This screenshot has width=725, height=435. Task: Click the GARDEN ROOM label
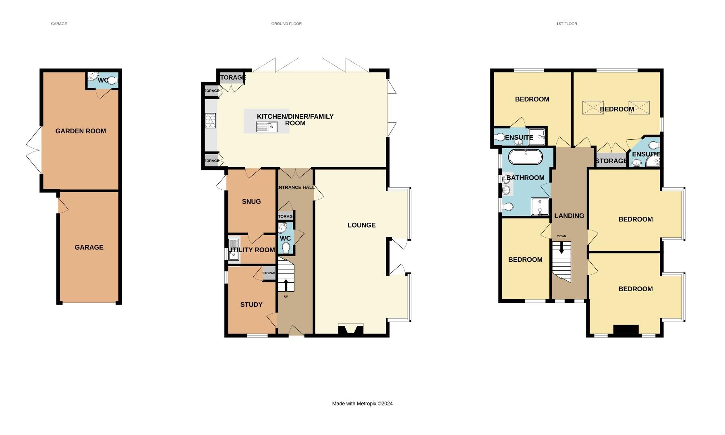point(81,131)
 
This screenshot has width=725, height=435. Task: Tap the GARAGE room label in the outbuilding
point(89,247)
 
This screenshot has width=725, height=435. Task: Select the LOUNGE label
point(361,225)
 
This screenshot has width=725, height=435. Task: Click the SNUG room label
point(251,201)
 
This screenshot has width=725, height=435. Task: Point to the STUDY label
point(251,304)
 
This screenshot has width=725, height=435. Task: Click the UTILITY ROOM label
point(252,250)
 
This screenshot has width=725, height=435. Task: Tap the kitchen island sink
point(267,127)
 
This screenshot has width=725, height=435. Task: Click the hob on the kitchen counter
point(210,120)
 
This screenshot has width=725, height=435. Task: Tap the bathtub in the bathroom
point(525,157)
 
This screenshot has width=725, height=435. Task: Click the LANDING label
point(569,216)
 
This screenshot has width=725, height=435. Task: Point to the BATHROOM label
point(525,178)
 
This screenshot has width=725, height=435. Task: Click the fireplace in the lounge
point(350,329)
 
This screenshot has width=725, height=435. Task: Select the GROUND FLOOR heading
point(286,24)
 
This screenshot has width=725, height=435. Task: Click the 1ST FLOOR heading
point(567,24)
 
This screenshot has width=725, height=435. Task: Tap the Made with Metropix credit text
point(362,404)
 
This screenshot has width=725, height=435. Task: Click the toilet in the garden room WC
point(112,81)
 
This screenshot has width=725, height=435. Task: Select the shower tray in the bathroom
point(540,206)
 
